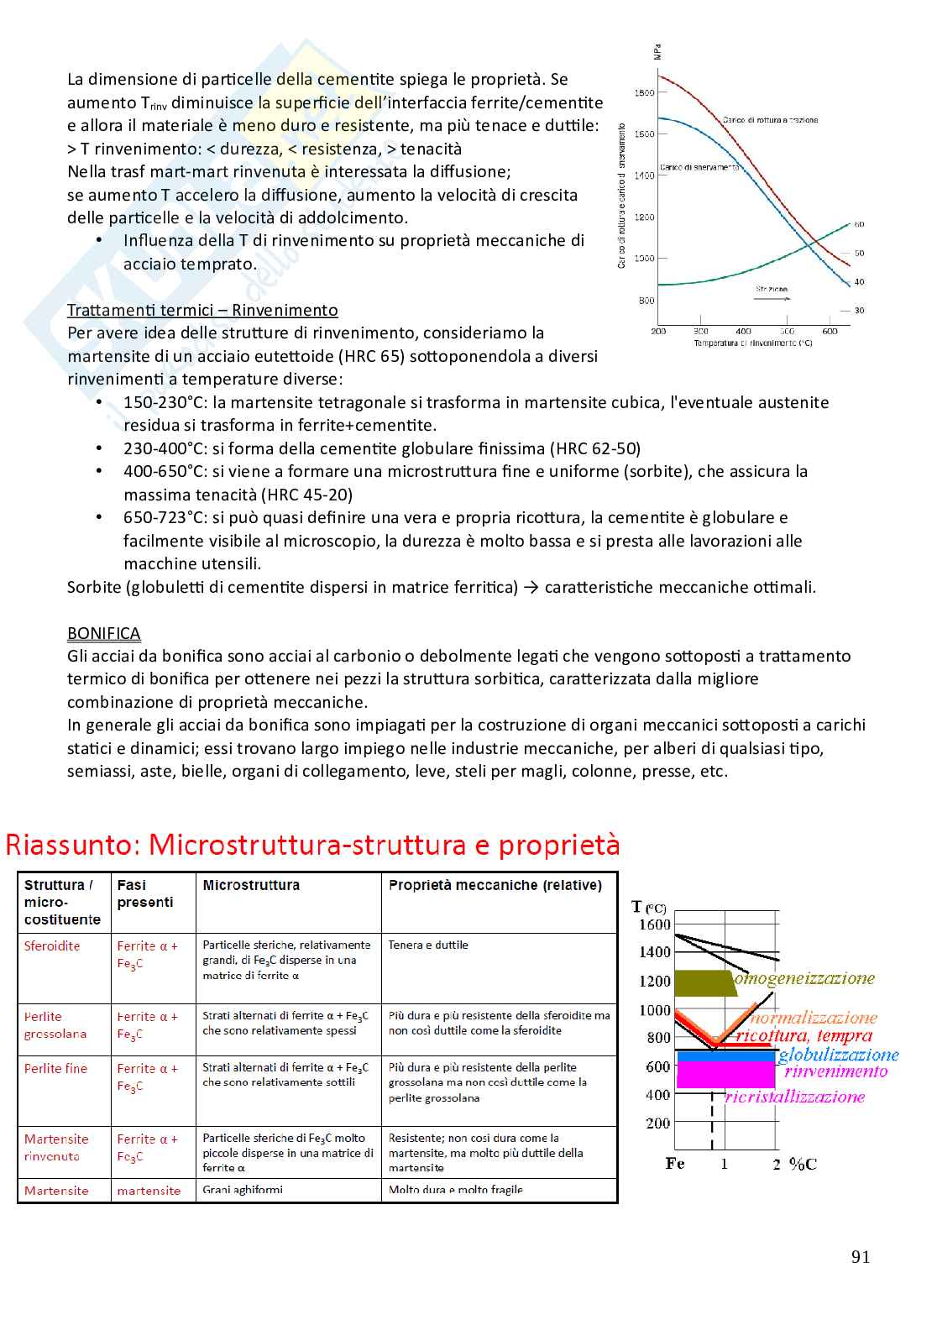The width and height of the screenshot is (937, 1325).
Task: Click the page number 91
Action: (861, 1257)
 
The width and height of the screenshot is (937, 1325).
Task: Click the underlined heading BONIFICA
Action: (103, 634)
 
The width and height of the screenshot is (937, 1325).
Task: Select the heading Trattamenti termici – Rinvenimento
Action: (202, 311)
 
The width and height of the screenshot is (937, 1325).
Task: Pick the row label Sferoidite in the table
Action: (52, 946)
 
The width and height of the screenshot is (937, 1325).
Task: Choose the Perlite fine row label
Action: (55, 1069)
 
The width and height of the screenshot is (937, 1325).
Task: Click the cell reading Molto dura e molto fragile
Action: (456, 1190)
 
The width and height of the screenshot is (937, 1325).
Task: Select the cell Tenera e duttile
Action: (428, 945)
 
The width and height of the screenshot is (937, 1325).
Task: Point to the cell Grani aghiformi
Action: (243, 1190)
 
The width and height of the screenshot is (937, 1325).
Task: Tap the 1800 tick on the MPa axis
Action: (644, 92)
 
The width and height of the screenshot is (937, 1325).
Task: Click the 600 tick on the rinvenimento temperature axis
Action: (830, 332)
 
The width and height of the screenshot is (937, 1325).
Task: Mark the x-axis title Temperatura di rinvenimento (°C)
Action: (752, 343)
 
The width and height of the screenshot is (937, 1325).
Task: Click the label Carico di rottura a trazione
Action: (770, 120)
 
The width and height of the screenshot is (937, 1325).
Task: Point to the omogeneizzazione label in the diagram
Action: (805, 978)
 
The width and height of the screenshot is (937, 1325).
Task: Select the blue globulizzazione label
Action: (838, 1055)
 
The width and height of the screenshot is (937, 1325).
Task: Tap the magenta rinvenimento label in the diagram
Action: (835, 1071)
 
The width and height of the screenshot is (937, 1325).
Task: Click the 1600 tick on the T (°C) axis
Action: (655, 925)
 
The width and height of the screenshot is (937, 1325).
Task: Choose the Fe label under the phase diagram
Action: (675, 1164)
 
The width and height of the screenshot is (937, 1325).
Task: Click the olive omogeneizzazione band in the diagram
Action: (703, 983)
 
